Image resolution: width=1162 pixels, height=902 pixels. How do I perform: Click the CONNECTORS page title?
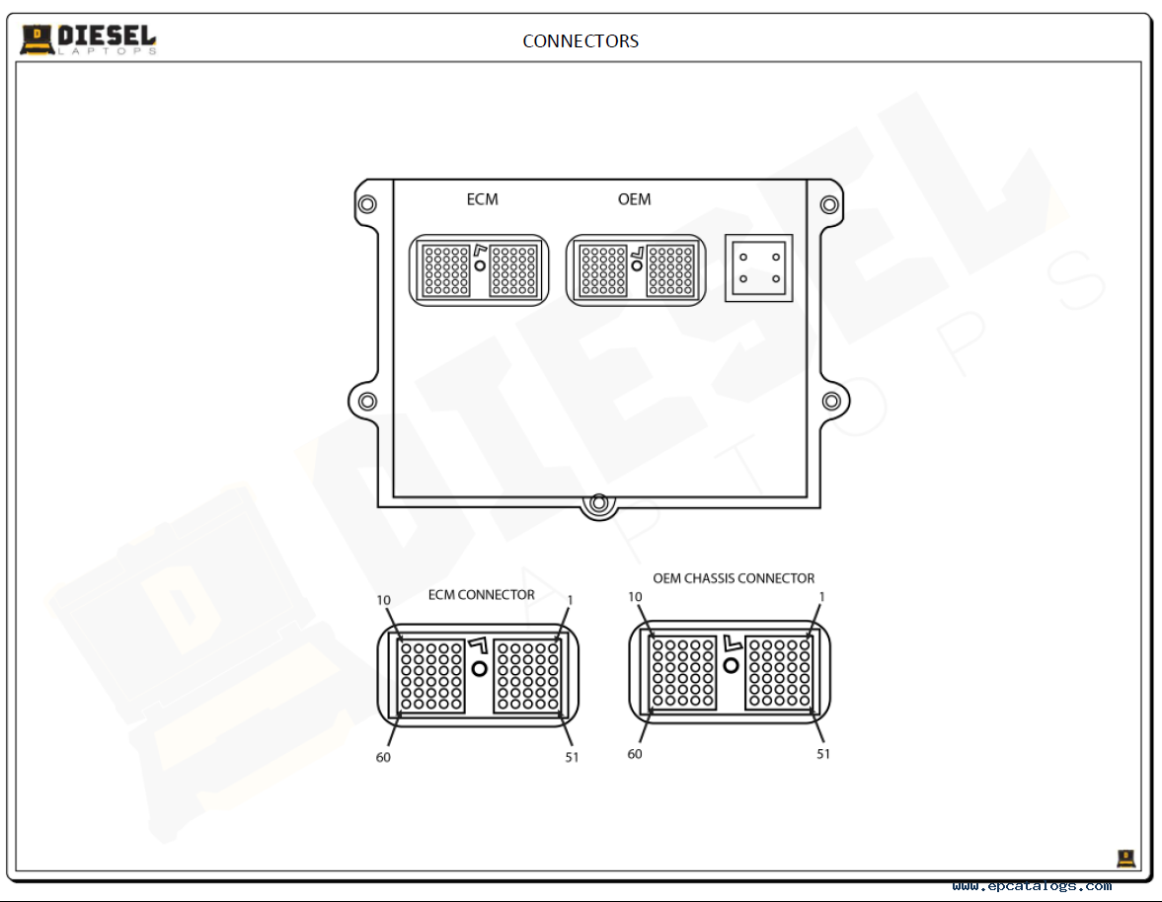(x=581, y=40)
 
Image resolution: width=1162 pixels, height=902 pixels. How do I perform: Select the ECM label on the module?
(x=483, y=199)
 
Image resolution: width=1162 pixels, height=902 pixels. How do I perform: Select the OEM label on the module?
(x=635, y=199)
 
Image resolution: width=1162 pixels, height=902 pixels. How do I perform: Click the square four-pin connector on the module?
(x=759, y=268)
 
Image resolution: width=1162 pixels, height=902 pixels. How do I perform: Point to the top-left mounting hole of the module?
(x=367, y=203)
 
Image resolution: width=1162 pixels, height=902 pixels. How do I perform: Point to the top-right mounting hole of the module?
(x=829, y=203)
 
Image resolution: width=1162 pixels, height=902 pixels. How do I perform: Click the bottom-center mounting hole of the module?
(x=599, y=503)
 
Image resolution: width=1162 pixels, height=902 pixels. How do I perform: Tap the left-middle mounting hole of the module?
(x=367, y=402)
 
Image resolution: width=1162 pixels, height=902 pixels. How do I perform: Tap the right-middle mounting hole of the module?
(x=831, y=402)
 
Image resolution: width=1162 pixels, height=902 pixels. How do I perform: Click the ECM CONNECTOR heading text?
(x=481, y=595)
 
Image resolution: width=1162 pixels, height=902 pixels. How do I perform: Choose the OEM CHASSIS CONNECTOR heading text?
(x=734, y=578)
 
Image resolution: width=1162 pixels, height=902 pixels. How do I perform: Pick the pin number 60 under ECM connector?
(x=383, y=757)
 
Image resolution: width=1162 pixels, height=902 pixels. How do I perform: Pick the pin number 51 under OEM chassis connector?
(x=823, y=754)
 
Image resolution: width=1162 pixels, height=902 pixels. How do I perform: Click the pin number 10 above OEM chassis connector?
(x=635, y=597)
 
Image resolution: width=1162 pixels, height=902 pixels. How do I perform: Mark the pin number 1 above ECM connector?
(x=570, y=600)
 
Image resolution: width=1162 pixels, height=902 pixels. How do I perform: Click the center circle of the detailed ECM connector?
(x=480, y=669)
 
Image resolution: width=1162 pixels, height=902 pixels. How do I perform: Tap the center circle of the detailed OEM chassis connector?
(x=732, y=666)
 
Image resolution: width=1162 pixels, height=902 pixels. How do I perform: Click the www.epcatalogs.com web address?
(x=1032, y=885)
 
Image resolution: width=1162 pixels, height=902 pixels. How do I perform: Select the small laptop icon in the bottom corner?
(x=1126, y=859)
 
